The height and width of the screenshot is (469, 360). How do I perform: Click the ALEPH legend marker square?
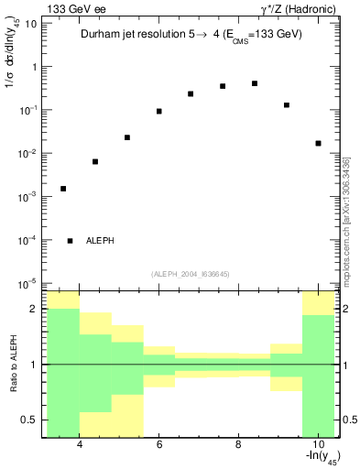point(71,241)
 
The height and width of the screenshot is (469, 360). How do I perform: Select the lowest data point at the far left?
point(63,189)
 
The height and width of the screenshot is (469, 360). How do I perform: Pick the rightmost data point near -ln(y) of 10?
point(318,143)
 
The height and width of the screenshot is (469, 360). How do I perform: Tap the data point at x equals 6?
point(159,111)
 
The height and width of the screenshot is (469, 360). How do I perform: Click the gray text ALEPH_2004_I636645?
point(191,273)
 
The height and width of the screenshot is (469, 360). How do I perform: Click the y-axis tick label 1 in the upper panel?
point(34,67)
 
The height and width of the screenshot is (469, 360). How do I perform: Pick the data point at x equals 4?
point(95,161)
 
